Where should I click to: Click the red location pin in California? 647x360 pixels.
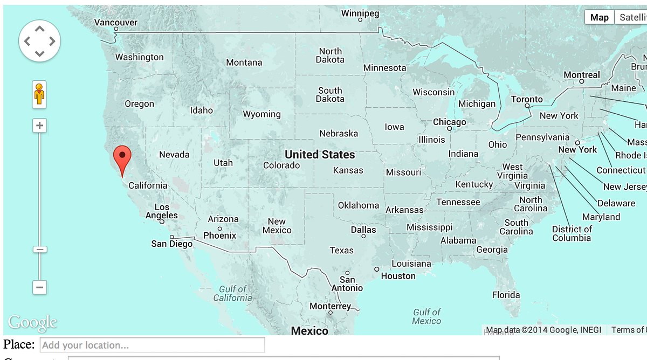122,157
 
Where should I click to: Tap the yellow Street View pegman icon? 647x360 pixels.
39,94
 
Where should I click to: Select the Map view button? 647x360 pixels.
599,17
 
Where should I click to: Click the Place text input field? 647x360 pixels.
153,345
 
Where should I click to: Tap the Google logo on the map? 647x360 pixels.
32,322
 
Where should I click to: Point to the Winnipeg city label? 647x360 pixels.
360,13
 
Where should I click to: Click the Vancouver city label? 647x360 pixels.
116,23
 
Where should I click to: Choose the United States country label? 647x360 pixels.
320,155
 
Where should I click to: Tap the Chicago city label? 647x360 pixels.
449,122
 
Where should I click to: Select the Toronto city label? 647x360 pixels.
527,99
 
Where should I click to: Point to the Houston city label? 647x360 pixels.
398,276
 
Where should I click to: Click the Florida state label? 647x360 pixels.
506,295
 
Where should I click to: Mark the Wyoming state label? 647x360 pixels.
261,114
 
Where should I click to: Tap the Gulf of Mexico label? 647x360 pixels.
426,316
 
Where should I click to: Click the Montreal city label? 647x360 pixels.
581,75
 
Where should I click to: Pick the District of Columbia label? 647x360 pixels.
572,233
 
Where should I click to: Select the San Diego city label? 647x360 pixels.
171,244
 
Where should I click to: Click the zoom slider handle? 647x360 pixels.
39,249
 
